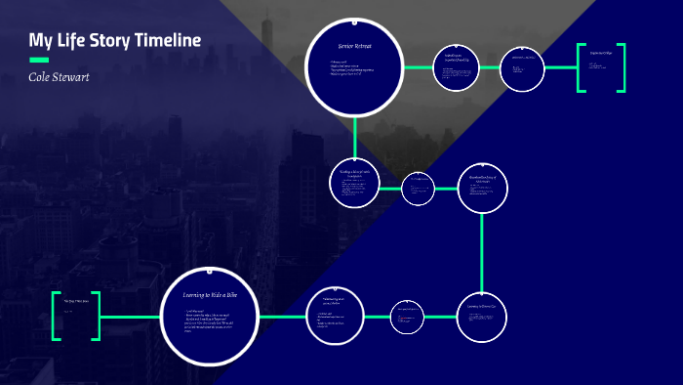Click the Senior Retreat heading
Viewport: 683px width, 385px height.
[354, 46]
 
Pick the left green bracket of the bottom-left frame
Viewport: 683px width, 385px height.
[55, 316]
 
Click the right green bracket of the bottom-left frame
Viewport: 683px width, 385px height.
[97, 316]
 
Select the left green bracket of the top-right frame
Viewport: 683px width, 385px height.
[580, 68]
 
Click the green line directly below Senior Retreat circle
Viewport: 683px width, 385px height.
[355, 136]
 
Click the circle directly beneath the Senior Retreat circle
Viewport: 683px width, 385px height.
[355, 183]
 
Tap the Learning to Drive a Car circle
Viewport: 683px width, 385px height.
[483, 315]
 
